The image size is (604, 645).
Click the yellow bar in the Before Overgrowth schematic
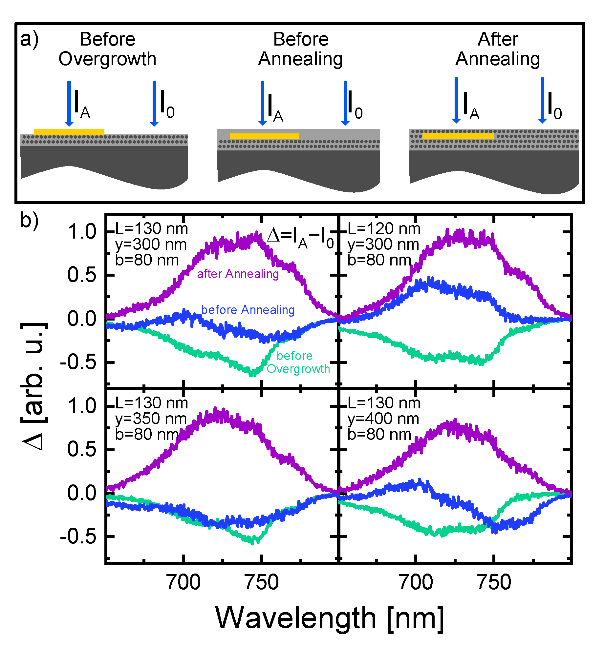click(x=69, y=132)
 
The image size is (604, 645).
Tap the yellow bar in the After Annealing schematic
click(x=458, y=136)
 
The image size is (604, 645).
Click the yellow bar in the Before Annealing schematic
click(x=264, y=136)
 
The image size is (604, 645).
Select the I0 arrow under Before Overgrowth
click(x=154, y=104)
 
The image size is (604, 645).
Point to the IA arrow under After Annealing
click(x=456, y=100)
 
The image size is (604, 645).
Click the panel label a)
click(x=29, y=40)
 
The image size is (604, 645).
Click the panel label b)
click(x=29, y=220)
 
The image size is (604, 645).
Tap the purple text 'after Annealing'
click(x=238, y=274)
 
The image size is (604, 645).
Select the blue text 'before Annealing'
click(x=248, y=310)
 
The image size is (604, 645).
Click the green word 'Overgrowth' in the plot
click(x=298, y=369)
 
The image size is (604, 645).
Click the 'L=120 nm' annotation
click(x=383, y=229)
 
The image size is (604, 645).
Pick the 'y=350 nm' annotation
click(x=151, y=419)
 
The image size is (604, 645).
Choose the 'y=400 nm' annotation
click(x=383, y=419)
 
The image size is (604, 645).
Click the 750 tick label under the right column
click(x=494, y=582)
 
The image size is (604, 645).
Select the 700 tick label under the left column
click(x=183, y=582)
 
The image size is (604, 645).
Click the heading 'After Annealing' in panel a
click(x=498, y=49)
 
